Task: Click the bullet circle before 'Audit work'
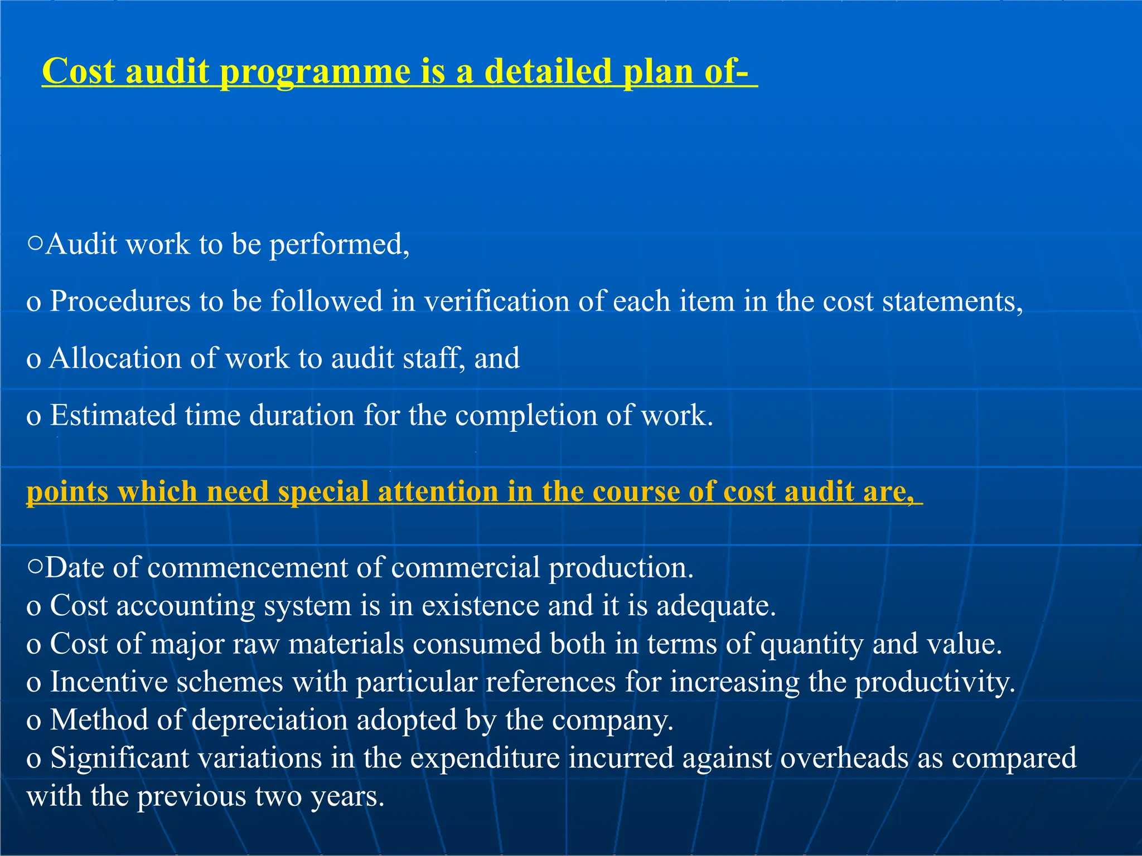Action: click(x=35, y=244)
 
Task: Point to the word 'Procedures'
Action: click(x=120, y=302)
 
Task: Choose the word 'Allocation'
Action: click(x=115, y=358)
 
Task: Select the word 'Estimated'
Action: click(x=113, y=416)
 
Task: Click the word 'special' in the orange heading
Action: click(x=323, y=493)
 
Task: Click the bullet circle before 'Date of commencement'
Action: click(x=35, y=567)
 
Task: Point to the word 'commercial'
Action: click(x=466, y=568)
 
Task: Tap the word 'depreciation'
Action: click(x=270, y=721)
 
